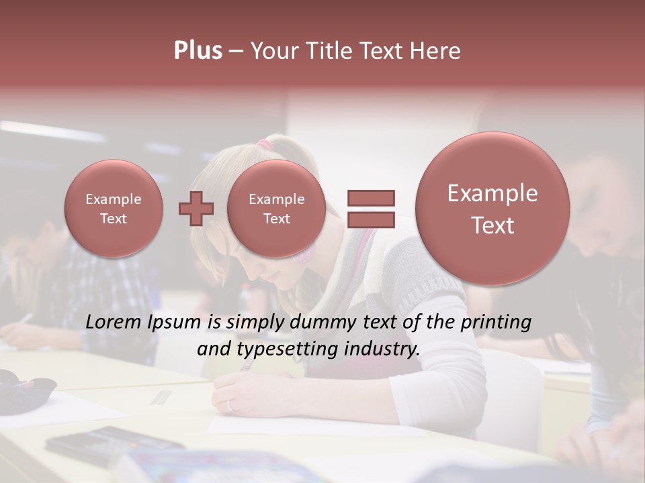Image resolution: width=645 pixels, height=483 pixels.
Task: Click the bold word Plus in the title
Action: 198,51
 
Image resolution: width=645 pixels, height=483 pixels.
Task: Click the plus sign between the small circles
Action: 196,209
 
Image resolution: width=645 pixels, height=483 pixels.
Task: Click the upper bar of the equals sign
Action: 370,198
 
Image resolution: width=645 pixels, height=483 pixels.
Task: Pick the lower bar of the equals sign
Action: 370,219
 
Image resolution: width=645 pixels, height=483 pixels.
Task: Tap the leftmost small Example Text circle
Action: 114,209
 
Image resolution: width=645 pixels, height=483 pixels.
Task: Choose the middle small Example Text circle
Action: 276,209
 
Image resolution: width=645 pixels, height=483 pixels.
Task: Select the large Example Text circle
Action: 492,209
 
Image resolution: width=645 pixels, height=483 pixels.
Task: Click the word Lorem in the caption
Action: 115,323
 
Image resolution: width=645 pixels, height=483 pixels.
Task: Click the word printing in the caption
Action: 496,323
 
